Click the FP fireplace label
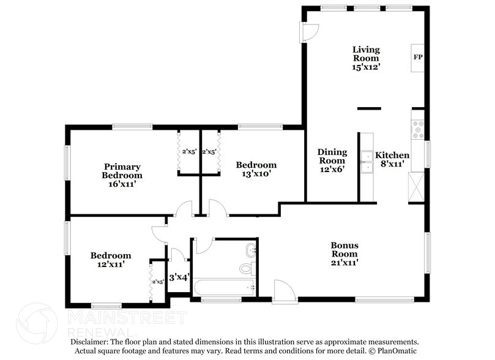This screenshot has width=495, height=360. click(x=419, y=58)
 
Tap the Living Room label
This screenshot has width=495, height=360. click(x=366, y=58)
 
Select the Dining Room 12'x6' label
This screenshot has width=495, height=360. click(x=332, y=161)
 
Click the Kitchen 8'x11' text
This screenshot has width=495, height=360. click(x=392, y=160)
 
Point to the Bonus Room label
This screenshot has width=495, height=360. click(x=344, y=253)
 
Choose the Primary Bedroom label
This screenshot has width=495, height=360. click(x=122, y=175)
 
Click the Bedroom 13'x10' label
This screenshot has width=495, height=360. click(x=256, y=169)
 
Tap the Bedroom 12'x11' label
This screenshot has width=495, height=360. click(x=111, y=260)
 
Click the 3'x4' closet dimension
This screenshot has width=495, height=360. click(x=178, y=277)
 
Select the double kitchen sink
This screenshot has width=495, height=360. click(x=367, y=161)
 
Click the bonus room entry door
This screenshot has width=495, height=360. click(x=282, y=290)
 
